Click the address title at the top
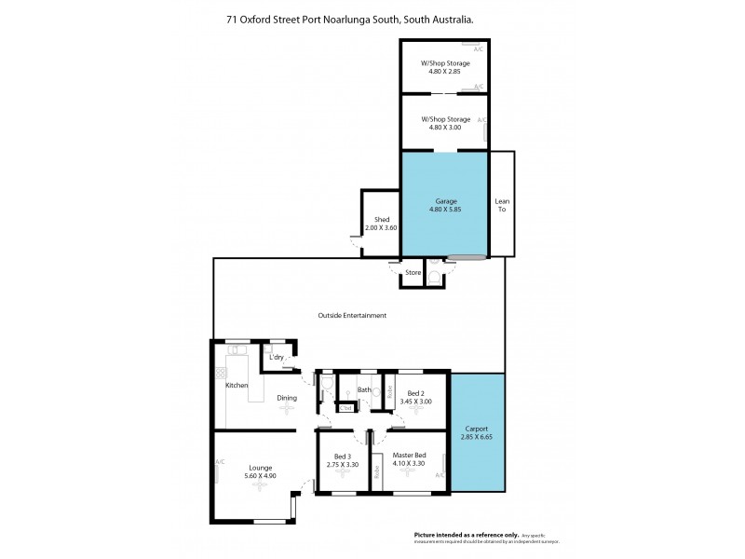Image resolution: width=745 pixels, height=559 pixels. coord(372,18)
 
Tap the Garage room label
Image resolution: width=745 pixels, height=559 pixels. coord(444,200)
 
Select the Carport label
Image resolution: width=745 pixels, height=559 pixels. coord(476,429)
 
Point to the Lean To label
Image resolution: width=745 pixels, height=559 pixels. coord(502,206)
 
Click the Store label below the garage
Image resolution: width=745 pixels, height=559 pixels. coord(413,274)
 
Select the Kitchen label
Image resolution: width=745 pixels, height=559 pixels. coord(237,385)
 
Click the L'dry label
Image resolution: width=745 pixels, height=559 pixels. coord(276,358)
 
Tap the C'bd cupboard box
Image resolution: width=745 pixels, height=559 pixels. coord(345,408)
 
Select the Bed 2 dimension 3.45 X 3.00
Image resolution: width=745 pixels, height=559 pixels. coord(416,402)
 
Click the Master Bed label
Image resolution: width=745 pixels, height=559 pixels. coord(411,456)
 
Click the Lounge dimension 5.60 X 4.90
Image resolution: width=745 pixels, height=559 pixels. coord(260,476)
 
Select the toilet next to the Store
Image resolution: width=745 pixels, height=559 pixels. coord(433,277)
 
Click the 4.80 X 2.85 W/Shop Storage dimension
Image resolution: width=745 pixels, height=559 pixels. coord(445,71)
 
